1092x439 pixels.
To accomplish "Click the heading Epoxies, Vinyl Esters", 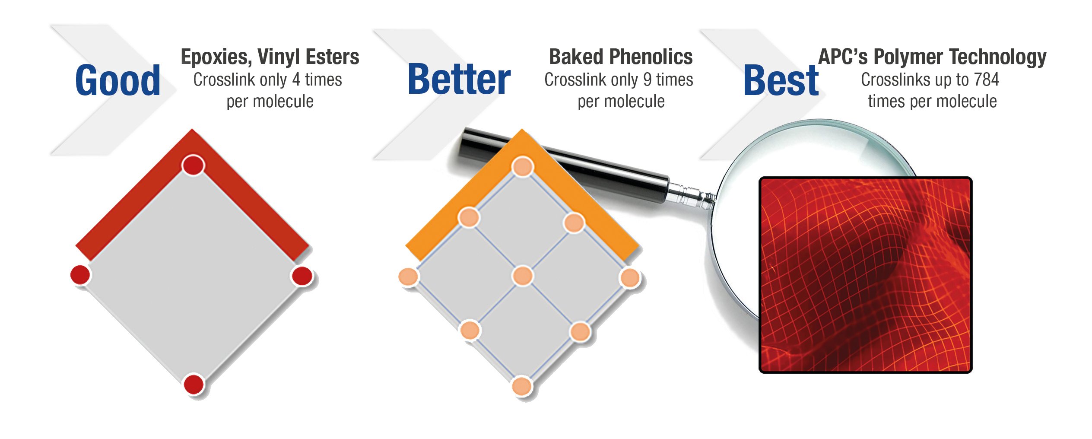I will pyautogui.click(x=270, y=57).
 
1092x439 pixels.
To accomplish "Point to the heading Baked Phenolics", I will pyautogui.click(x=621, y=57).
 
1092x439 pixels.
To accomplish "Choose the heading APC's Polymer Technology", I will pyautogui.click(x=932, y=57).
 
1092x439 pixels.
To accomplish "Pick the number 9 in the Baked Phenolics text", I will pyautogui.click(x=647, y=80).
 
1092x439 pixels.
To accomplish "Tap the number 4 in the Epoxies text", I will pyautogui.click(x=296, y=80).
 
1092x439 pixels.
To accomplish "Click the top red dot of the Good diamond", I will pyautogui.click(x=193, y=165).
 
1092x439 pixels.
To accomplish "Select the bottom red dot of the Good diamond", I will pyautogui.click(x=194, y=384).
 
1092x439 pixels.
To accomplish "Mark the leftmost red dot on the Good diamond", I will pyautogui.click(x=80, y=275).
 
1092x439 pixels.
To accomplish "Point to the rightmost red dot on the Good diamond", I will pyautogui.click(x=302, y=276).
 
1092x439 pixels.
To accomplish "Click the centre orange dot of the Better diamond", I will pyautogui.click(x=522, y=276).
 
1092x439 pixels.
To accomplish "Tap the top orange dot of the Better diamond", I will pyautogui.click(x=522, y=167).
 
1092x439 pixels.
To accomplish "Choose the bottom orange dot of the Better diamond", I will pyautogui.click(x=522, y=386).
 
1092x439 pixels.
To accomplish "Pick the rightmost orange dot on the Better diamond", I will pyautogui.click(x=630, y=278).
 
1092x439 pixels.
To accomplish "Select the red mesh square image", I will pyautogui.click(x=865, y=275).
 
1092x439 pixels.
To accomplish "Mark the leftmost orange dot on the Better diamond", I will pyautogui.click(x=408, y=277).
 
